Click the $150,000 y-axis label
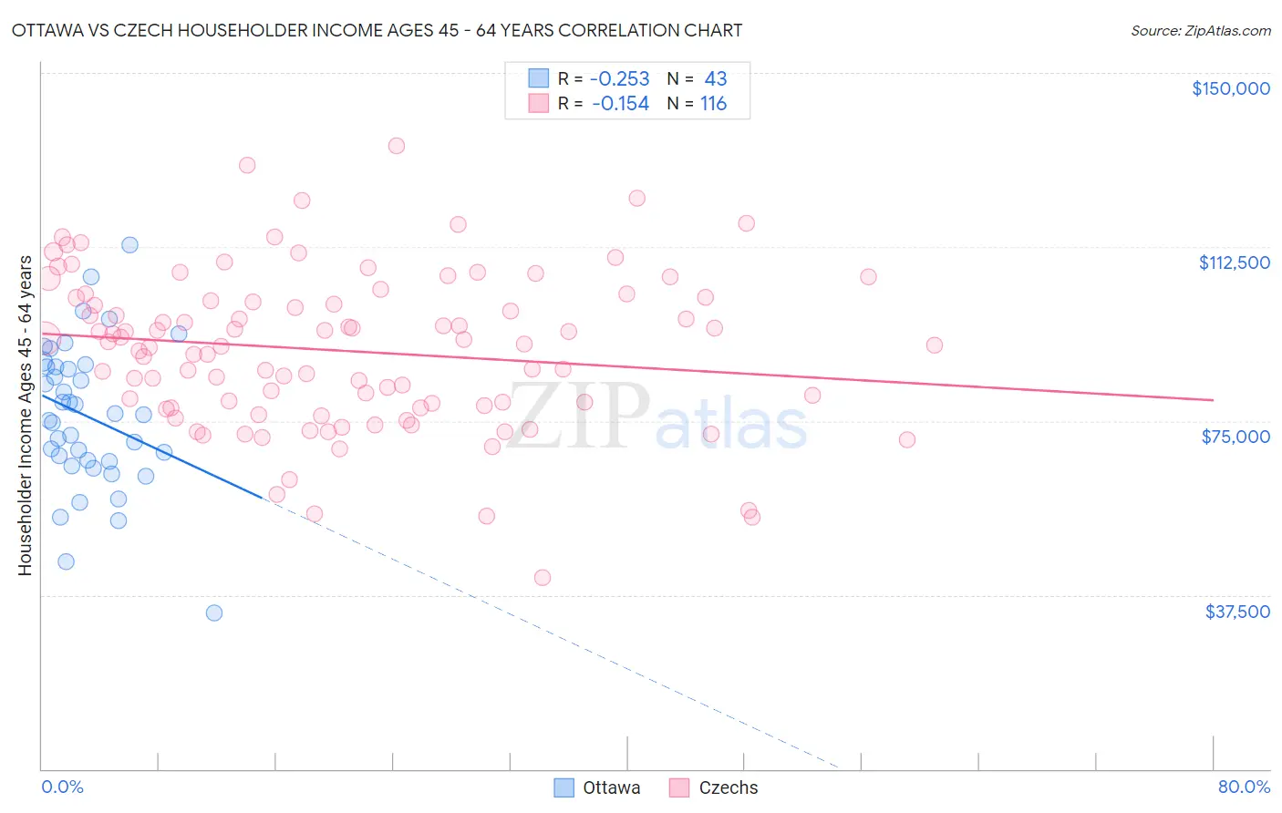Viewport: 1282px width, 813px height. click(x=1230, y=88)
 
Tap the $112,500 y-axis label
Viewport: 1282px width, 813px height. click(x=1234, y=262)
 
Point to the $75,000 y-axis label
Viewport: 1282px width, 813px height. click(x=1235, y=437)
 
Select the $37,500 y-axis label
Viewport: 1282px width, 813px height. click(x=1236, y=612)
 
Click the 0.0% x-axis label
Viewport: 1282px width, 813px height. click(x=62, y=787)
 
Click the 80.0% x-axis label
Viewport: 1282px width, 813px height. click(x=1244, y=787)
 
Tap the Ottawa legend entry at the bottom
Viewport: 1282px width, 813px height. click(x=598, y=787)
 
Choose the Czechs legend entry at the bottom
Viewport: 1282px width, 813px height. click(x=714, y=787)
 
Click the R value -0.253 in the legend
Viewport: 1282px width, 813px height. click(x=620, y=79)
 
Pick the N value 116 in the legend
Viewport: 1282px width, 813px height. click(x=713, y=104)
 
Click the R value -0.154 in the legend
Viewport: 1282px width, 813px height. click(x=620, y=104)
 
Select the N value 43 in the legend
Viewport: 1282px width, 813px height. click(x=715, y=79)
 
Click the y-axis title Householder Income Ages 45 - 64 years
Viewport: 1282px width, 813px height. click(x=26, y=416)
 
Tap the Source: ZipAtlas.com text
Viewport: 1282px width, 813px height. click(x=1200, y=31)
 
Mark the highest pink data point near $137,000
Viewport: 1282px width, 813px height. click(x=396, y=146)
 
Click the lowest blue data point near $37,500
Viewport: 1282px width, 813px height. click(x=214, y=612)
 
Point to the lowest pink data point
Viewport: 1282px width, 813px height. click(x=543, y=577)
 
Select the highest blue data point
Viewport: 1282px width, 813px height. click(x=129, y=245)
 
